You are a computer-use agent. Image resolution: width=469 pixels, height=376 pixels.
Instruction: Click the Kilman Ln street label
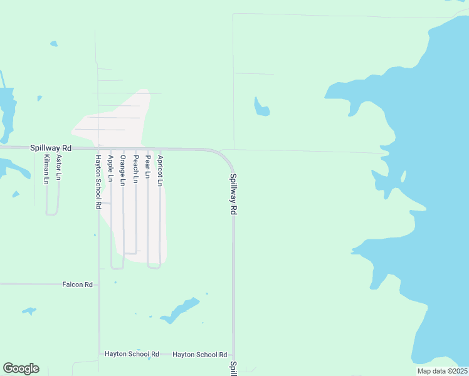[46, 170]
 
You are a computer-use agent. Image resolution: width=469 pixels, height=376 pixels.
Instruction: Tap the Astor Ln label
[58, 167]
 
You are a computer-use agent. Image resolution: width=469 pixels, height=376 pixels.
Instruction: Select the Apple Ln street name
[110, 169]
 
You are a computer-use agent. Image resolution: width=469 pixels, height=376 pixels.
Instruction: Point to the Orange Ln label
[123, 170]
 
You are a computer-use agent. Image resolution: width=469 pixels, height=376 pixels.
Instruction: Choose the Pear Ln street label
[148, 167]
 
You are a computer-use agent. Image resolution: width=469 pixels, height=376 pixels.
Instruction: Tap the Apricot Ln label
[161, 170]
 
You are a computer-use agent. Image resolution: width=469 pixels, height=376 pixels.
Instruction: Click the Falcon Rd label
[78, 285]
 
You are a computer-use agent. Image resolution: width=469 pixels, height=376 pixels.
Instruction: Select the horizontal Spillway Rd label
[51, 148]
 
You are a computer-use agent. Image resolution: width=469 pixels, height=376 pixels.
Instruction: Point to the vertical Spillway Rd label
[233, 195]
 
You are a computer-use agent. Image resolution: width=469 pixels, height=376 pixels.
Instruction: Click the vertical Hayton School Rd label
[98, 182]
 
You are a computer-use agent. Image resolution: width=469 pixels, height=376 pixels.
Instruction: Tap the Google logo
[21, 368]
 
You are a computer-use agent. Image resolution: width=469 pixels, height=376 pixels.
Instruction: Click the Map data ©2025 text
[441, 371]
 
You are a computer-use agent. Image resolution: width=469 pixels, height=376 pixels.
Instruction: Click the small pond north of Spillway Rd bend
[261, 108]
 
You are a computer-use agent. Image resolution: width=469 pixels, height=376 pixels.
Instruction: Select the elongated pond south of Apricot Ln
[180, 310]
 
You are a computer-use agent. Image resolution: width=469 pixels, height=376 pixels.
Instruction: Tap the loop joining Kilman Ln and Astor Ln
[52, 214]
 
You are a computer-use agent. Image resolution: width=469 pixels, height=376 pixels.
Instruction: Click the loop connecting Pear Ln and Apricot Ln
[154, 267]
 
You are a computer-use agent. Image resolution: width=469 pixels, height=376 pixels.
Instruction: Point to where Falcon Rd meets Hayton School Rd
[98, 284]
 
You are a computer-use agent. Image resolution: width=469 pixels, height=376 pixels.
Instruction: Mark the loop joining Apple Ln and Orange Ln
[117, 268]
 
